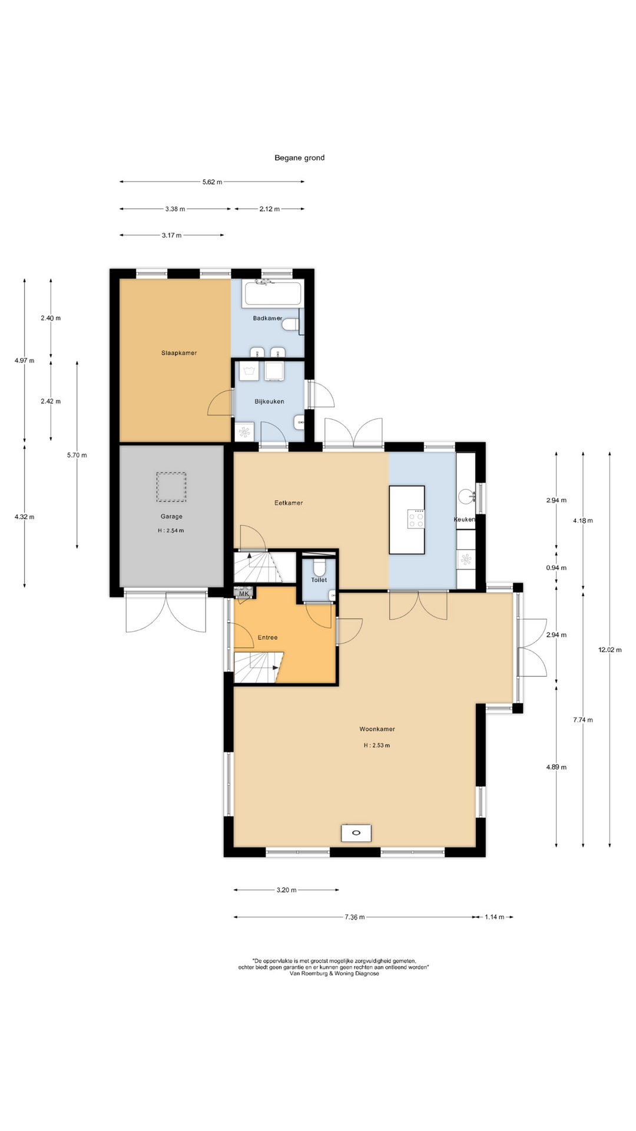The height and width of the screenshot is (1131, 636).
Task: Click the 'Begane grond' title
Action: click(299, 158)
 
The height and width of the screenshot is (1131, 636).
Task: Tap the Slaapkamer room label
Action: click(179, 353)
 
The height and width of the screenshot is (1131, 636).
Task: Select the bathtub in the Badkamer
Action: click(272, 295)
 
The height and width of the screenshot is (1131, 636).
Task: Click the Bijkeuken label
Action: click(269, 402)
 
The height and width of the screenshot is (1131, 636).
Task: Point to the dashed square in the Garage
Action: click(171, 487)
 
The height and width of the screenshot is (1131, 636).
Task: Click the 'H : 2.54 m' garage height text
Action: click(171, 531)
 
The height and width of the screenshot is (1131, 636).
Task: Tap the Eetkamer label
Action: click(289, 503)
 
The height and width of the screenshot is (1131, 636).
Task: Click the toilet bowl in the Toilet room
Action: click(319, 567)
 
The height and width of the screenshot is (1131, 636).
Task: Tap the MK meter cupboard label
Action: click(243, 594)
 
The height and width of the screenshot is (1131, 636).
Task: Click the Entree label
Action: click(267, 637)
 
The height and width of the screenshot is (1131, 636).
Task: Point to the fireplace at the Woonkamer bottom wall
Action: click(356, 833)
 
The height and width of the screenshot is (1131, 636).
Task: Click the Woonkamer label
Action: click(377, 729)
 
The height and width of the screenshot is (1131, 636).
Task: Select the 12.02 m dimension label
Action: click(609, 650)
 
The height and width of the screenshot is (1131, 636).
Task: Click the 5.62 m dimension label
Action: click(212, 182)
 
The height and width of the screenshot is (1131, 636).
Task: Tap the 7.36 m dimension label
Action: click(354, 917)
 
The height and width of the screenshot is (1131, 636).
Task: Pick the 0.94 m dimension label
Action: click(556, 568)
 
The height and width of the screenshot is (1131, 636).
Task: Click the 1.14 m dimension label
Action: click(493, 917)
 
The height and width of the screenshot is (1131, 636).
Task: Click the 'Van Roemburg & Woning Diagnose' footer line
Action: click(334, 974)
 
